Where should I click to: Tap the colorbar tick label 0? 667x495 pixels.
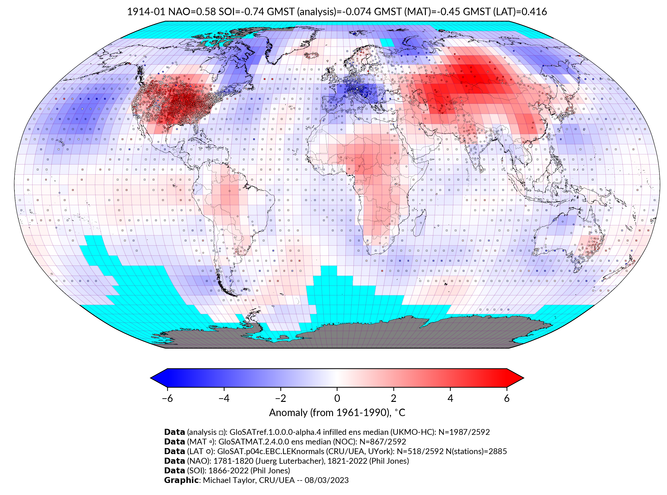click(x=337, y=398)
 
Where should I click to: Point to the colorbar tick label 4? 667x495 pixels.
click(x=450, y=398)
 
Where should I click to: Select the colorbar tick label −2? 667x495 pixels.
click(x=280, y=398)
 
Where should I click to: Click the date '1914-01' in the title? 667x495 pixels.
click(x=146, y=12)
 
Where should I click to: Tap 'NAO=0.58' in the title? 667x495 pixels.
click(x=192, y=12)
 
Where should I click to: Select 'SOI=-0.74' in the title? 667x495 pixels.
click(x=241, y=12)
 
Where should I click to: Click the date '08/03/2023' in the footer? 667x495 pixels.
click(x=327, y=480)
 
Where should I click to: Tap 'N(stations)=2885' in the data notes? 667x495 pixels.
click(x=477, y=451)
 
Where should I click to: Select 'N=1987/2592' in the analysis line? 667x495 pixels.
click(x=464, y=432)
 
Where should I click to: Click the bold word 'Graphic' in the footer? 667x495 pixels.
click(x=181, y=480)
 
